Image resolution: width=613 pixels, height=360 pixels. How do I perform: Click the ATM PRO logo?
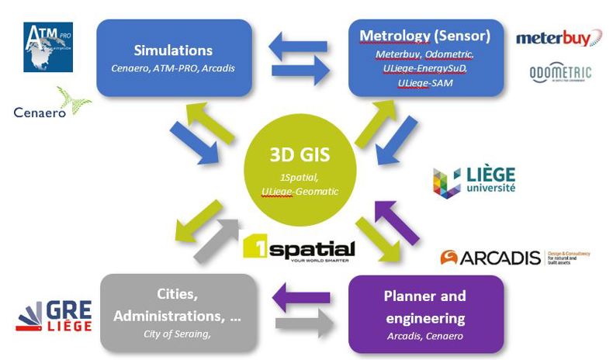[47, 47]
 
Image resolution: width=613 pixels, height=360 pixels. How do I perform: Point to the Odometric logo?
[559, 74]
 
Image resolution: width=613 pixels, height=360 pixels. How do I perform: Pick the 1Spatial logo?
[299, 248]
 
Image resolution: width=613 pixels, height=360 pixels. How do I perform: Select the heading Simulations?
[174, 50]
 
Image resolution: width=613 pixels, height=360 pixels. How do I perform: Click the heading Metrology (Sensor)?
[424, 36]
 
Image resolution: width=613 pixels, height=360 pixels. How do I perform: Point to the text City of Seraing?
[177, 334]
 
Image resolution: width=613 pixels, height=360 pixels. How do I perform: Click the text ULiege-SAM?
[424, 82]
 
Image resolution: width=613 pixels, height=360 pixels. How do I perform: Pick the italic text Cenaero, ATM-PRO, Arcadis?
[174, 68]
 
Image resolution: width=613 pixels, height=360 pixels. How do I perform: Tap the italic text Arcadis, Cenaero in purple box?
[425, 335]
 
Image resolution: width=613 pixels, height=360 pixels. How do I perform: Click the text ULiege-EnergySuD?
[424, 68]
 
